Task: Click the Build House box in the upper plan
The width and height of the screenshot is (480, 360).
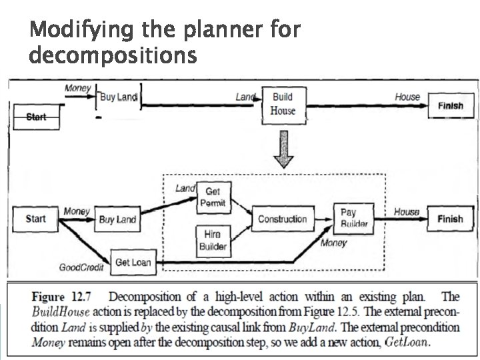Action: pos(283,104)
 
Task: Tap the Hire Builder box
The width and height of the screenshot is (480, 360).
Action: pos(213,241)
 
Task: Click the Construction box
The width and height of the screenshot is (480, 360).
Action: pos(282,219)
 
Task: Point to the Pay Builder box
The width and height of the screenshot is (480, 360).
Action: pos(354,219)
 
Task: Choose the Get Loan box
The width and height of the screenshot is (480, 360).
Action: pos(133,263)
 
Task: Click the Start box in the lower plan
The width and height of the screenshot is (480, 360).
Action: pos(35,219)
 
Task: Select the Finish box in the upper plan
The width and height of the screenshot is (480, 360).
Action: pos(450,105)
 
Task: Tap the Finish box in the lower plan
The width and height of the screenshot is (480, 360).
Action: pos(450,219)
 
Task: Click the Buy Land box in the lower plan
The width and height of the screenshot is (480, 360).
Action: pos(117,219)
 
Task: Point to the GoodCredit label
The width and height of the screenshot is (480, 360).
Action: pos(79,268)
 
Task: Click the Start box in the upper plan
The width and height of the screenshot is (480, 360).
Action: pos(35,117)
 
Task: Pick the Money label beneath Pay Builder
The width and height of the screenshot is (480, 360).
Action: pos(333,243)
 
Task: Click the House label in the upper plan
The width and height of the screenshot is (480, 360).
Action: pos(407,97)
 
